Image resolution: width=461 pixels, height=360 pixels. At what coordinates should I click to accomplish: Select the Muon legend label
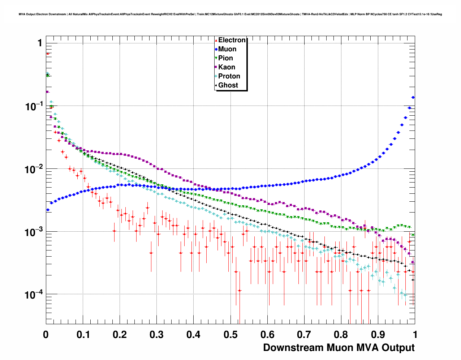click(227, 49)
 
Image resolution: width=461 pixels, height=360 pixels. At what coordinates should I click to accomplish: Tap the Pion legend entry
click(225, 58)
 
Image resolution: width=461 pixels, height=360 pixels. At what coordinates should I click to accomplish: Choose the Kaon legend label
click(227, 67)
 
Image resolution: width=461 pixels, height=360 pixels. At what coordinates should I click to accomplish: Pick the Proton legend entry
click(229, 76)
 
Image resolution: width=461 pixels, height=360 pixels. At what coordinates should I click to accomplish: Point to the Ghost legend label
click(228, 85)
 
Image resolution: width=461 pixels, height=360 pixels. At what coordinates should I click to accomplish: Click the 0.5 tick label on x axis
click(231, 335)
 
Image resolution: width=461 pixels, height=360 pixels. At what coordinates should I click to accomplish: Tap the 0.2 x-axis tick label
click(120, 335)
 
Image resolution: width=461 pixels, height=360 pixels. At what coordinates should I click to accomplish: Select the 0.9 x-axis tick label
click(378, 335)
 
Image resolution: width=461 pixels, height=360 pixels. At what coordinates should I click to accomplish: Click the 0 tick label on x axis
click(46, 335)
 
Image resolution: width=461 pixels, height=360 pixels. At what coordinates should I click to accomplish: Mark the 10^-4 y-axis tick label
click(33, 294)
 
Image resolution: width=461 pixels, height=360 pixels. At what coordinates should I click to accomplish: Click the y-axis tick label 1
click(40, 43)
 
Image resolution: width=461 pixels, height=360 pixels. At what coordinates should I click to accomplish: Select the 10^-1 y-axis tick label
click(33, 106)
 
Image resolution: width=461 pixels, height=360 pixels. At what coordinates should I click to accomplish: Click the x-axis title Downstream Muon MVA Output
click(339, 348)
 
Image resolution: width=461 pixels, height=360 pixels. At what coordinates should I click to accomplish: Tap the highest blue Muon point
click(413, 97)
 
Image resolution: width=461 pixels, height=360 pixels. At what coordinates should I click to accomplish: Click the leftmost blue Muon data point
click(48, 210)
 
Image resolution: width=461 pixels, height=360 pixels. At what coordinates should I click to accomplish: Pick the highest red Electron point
click(48, 53)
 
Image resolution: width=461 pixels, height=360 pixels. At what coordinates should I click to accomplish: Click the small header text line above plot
click(230, 14)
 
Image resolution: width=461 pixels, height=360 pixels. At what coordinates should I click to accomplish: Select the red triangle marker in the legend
click(216, 40)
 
